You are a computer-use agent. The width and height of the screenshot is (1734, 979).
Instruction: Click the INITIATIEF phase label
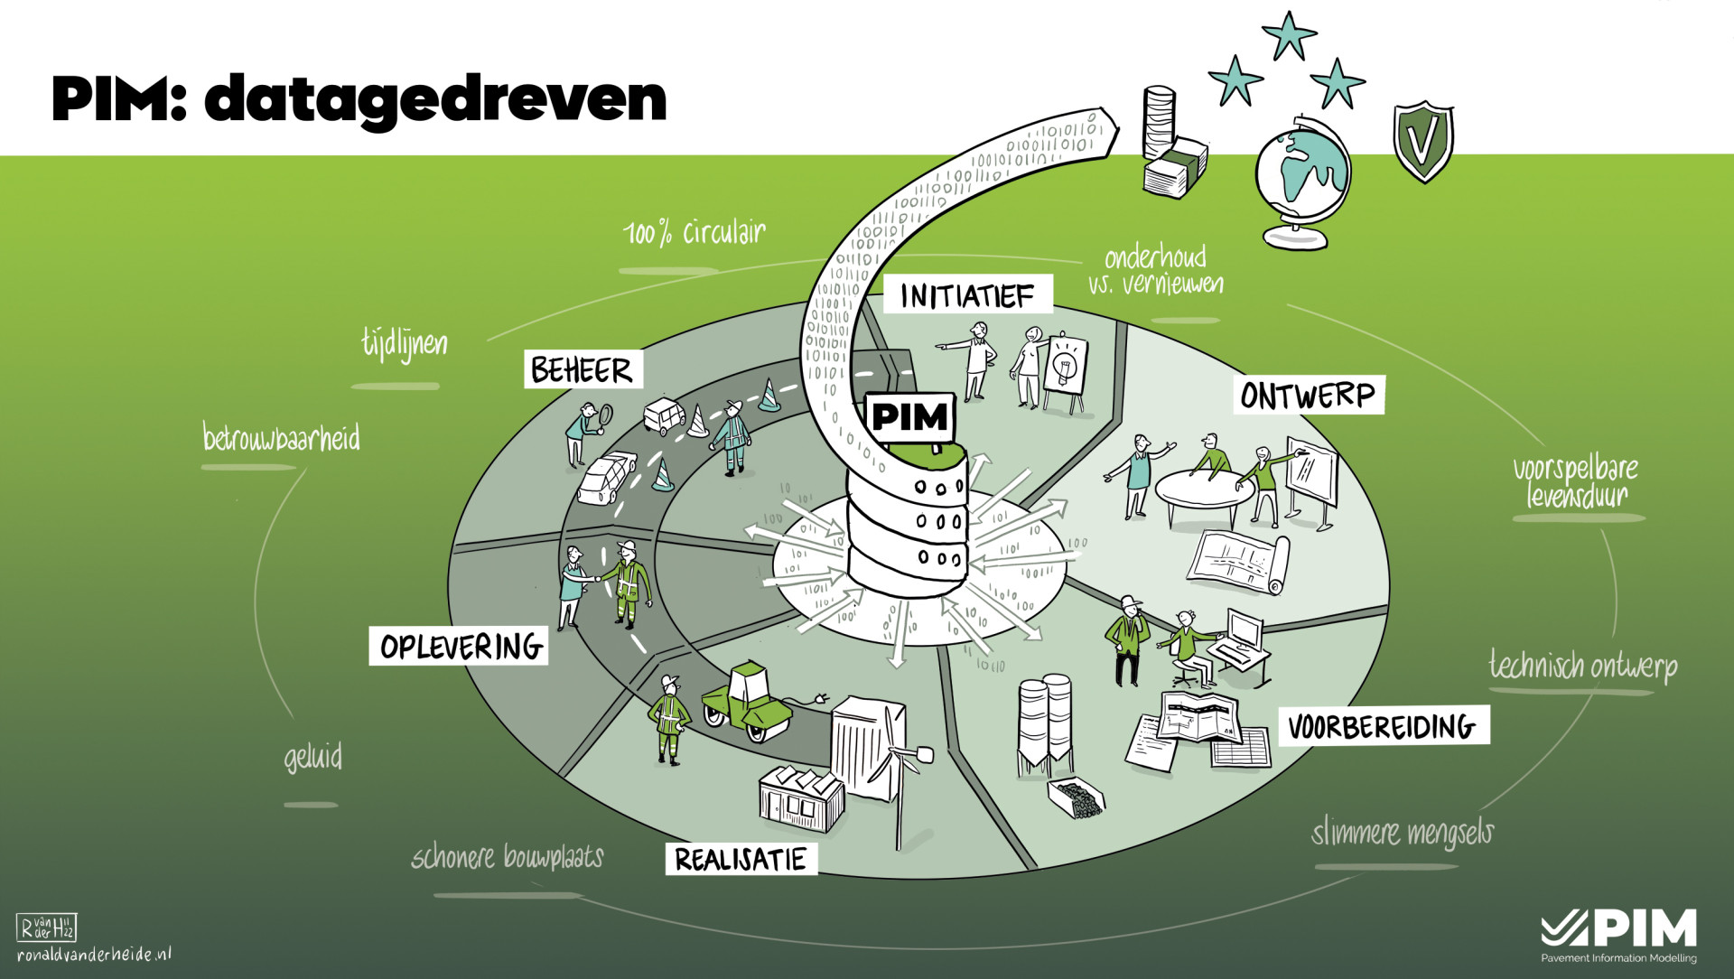coord(966,295)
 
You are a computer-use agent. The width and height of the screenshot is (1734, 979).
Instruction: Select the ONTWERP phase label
coord(1308,396)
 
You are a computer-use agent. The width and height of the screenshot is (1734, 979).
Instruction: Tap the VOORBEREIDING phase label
coord(1383,726)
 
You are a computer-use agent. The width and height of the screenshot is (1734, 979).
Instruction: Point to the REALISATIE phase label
coord(741,859)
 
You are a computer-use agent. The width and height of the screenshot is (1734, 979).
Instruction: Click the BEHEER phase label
coord(583,370)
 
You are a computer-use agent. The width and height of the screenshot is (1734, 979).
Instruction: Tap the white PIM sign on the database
coord(909,417)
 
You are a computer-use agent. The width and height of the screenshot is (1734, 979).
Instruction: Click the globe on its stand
coord(1300,176)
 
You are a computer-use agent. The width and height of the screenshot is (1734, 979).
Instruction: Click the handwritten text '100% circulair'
coord(694,234)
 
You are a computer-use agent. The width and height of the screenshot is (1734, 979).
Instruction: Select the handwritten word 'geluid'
coord(313,757)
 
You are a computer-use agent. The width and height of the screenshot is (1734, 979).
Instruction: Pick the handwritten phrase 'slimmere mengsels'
coord(1402,833)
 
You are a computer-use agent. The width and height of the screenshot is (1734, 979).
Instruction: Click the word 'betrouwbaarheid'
coord(281,439)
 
